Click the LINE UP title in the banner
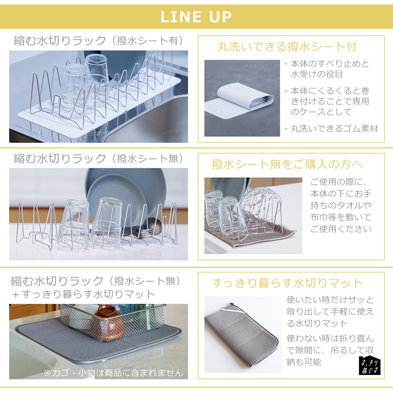(x=196, y=17)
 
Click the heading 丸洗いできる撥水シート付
(x=287, y=47)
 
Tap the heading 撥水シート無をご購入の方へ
(x=287, y=164)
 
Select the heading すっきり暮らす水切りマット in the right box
(x=287, y=283)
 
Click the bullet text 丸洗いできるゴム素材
(x=334, y=129)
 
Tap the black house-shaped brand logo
(x=370, y=365)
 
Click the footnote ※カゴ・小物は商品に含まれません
(x=113, y=373)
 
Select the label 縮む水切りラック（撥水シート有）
(x=99, y=41)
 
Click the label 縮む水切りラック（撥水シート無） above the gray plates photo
(x=99, y=158)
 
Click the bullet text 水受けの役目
(x=316, y=74)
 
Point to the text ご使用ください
(x=341, y=229)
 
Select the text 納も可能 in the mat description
(x=304, y=362)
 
